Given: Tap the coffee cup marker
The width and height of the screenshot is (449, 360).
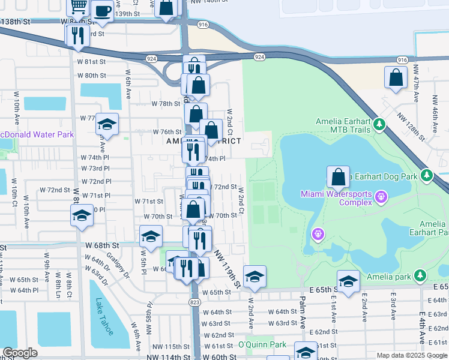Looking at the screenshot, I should pos(103,10).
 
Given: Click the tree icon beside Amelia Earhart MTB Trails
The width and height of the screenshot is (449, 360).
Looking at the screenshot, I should pos(379,125).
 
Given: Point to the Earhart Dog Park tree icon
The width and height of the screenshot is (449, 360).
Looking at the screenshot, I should pos(426,176).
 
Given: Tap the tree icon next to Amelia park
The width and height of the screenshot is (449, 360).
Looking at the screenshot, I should pos(421,275).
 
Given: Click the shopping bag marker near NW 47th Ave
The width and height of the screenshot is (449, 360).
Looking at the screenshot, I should pos(396,78).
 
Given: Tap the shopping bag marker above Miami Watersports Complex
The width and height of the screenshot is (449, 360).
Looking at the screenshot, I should pos(338,177).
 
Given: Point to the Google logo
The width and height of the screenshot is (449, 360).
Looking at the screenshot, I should pos(20,353).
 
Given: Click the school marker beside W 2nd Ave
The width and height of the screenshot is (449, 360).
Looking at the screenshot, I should pos(255,277).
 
